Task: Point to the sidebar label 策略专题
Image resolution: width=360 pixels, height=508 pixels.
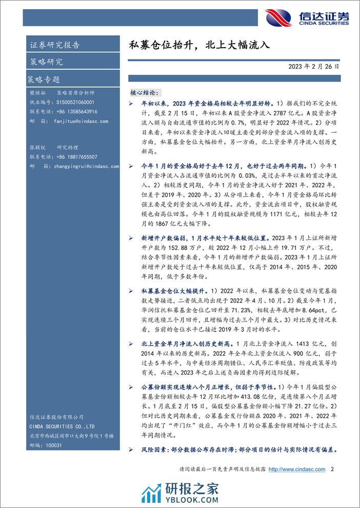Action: (x=43, y=80)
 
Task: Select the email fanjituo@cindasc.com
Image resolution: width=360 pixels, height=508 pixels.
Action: (x=80, y=121)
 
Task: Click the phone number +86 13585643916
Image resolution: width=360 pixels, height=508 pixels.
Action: (x=76, y=112)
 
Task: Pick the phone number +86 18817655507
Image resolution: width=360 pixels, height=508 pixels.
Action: (x=76, y=157)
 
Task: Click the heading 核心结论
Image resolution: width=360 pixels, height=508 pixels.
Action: (x=146, y=92)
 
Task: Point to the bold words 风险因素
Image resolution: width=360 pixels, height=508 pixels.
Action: (x=155, y=450)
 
